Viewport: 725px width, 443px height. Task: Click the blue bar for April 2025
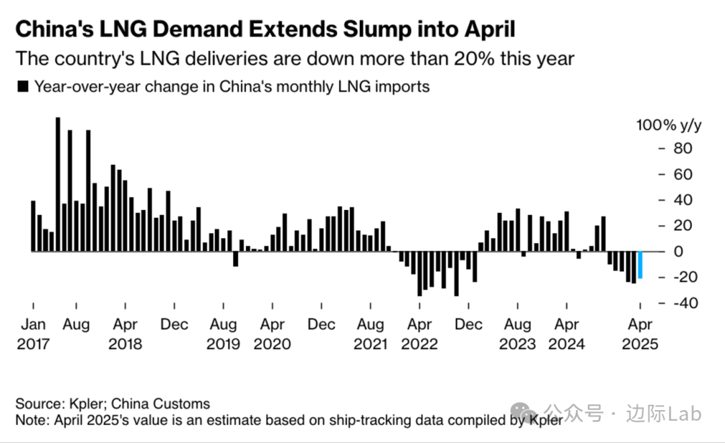pos(640,264)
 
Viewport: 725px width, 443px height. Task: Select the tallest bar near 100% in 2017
pos(58,185)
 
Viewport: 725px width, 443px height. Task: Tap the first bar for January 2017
pos(34,226)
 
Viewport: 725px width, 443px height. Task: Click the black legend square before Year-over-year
pos(23,87)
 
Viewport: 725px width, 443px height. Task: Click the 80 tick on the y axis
pos(682,148)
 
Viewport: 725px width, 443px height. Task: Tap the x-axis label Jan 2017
pos(34,334)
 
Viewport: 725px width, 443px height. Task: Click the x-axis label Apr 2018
pos(125,334)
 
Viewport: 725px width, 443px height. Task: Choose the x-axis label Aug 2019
pos(223,334)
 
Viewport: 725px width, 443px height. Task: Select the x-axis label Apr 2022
pos(420,334)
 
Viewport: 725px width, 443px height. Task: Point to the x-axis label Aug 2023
pos(518,334)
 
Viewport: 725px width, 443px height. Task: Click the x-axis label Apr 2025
pos(640,334)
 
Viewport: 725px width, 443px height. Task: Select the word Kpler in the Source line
pos(86,404)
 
